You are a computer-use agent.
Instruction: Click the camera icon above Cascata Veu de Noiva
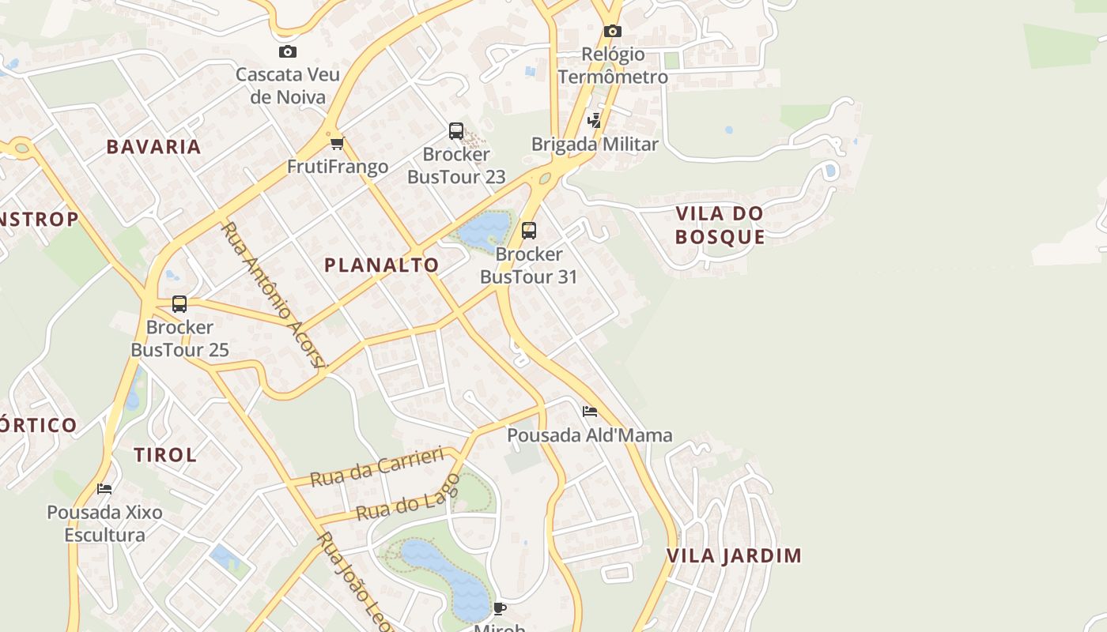[288, 52]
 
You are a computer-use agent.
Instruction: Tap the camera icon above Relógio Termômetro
[612, 32]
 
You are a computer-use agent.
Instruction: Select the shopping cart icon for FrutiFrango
[338, 143]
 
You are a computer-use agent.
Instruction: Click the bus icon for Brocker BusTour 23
[456, 131]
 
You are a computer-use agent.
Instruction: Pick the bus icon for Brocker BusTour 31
[529, 231]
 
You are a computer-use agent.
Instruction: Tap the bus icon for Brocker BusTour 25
[179, 304]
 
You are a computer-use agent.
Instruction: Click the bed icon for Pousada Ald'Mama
[589, 412]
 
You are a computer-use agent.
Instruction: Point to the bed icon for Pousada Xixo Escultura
[104, 489]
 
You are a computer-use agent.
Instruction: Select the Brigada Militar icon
[594, 121]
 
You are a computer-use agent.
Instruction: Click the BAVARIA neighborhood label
[153, 147]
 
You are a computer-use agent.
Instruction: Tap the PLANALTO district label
[381, 265]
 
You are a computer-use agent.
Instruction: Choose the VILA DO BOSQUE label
[720, 225]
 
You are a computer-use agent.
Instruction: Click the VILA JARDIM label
[734, 555]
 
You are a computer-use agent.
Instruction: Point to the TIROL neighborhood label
[164, 455]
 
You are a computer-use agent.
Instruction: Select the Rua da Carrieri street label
[376, 468]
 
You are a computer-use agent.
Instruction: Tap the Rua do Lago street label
[408, 498]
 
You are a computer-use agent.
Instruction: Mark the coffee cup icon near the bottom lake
[499, 608]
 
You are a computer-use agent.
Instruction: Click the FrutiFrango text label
[338, 167]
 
